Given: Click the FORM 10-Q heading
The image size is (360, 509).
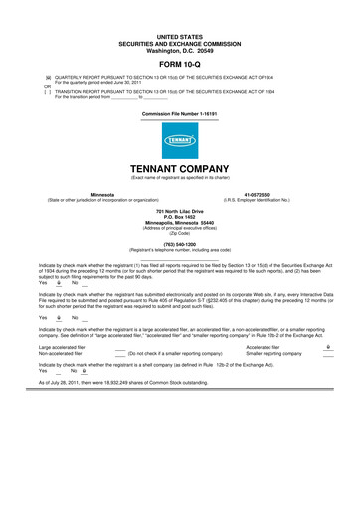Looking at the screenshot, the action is point(180,62).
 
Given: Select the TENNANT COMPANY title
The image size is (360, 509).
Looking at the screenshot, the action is point(180,169).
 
